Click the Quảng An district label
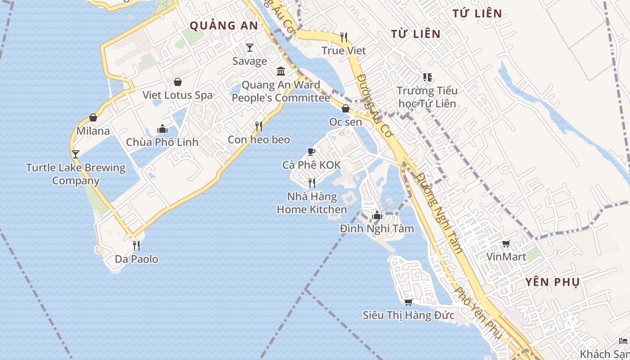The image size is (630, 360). tap(224, 26)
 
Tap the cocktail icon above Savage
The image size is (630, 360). tap(250, 47)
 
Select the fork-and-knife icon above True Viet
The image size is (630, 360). tap(344, 37)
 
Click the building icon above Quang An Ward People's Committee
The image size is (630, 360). tap(281, 71)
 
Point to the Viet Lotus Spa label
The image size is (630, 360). tap(177, 95)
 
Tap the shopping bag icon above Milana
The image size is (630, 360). tap(93, 117)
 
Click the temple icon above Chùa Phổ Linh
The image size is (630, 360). tap(162, 129)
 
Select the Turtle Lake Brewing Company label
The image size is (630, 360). tap(76, 174)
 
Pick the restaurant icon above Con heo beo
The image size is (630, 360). tap(259, 126)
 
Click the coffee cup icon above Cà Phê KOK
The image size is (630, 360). tap(311, 152)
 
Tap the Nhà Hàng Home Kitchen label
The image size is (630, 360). tap(312, 203)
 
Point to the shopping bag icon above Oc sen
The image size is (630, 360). tap(346, 108)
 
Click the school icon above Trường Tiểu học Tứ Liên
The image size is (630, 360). tap(427, 77)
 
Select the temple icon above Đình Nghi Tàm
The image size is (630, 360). tap(377, 216)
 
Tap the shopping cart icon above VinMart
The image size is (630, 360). tap(506, 244)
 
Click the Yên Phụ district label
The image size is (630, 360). tap(552, 282)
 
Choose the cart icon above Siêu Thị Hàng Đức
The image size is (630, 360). tap(409, 302)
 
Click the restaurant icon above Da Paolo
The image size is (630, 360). tap(136, 246)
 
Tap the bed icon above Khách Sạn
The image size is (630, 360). tap(623, 341)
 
